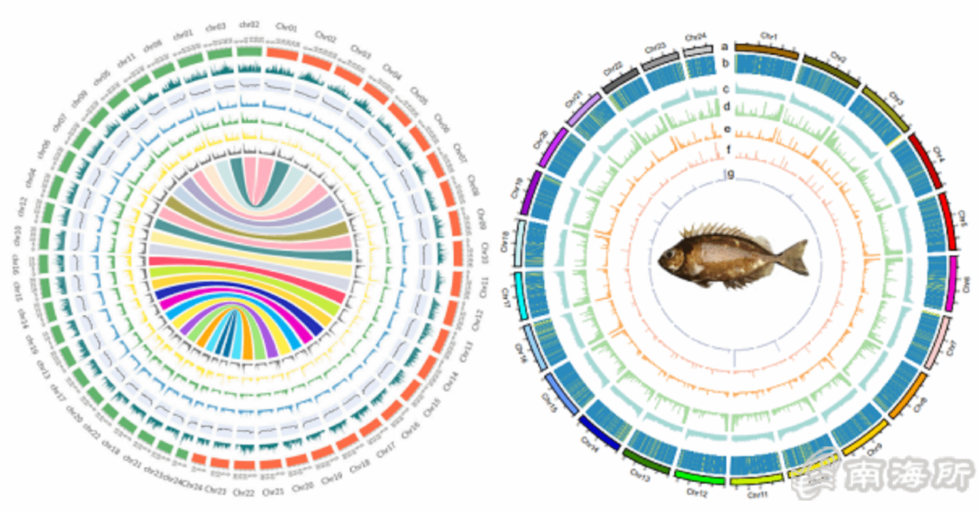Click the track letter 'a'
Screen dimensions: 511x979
pyautogui.click(x=724, y=46)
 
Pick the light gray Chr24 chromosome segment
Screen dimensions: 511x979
pyautogui.click(x=698, y=50)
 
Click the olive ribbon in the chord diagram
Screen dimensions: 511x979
pyautogui.click(x=255, y=215)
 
